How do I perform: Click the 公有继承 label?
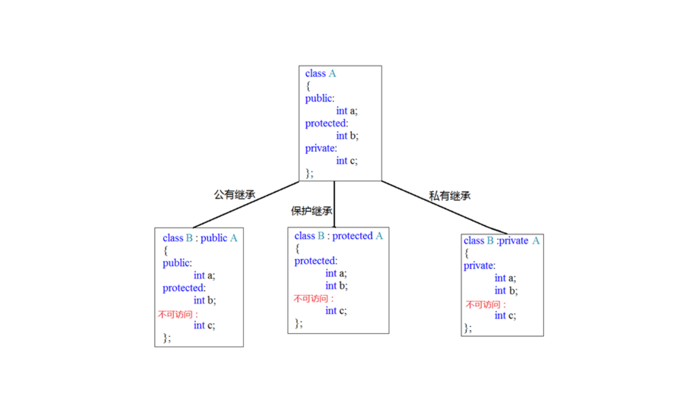click(x=234, y=195)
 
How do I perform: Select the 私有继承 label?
click(x=450, y=196)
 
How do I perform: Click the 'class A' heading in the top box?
click(x=320, y=73)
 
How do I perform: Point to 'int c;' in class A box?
click(x=347, y=161)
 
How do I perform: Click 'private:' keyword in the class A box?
click(x=321, y=149)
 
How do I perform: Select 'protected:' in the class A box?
click(x=326, y=124)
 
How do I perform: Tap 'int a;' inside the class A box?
click(x=347, y=111)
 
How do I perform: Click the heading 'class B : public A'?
click(x=200, y=238)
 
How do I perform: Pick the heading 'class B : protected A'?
click(x=338, y=236)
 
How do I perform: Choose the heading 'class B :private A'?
click(x=502, y=241)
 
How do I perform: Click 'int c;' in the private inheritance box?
click(x=505, y=316)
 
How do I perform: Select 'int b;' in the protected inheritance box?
click(x=336, y=286)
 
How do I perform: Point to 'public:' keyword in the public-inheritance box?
click(x=177, y=263)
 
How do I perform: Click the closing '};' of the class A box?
click(x=310, y=173)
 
